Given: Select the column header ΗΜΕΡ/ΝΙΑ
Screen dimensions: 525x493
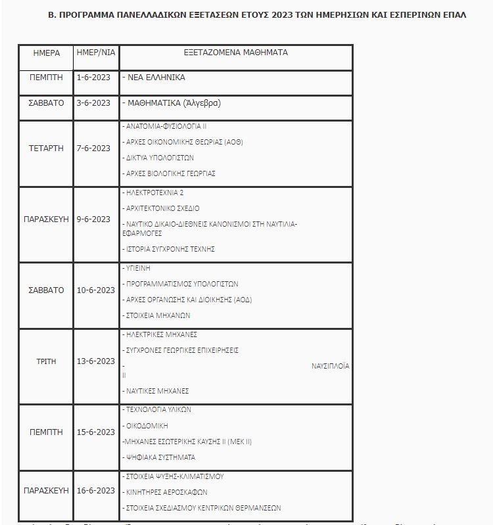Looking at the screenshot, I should (x=96, y=53).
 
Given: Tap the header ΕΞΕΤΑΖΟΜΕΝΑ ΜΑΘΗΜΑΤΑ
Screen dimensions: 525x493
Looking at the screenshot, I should (x=235, y=53).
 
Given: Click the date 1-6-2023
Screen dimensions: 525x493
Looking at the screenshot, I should (x=93, y=78).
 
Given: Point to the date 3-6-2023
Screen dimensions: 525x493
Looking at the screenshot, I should (x=93, y=103).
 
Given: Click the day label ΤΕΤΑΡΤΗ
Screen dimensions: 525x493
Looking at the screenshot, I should (x=46, y=148).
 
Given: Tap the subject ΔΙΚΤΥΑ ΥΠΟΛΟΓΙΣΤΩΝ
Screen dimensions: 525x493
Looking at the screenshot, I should (x=159, y=158).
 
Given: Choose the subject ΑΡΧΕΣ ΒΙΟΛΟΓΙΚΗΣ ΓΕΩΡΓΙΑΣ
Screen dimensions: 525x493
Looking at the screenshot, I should (x=170, y=174).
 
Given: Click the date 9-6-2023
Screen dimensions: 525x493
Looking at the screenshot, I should (x=93, y=219).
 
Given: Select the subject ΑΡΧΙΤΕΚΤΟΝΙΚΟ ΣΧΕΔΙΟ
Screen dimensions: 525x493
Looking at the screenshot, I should (x=162, y=208).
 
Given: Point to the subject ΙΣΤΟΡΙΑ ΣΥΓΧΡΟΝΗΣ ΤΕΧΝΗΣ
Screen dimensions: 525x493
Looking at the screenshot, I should (x=170, y=250).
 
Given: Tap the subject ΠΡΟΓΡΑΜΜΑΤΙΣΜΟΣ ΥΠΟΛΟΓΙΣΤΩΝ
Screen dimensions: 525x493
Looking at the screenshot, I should (x=181, y=285).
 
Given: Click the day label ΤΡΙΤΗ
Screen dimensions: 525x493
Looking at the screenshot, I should (x=46, y=362).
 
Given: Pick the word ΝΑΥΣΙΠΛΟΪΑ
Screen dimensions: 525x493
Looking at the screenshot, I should (x=330, y=366).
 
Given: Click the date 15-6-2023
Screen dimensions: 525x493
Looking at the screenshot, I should (x=95, y=432).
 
